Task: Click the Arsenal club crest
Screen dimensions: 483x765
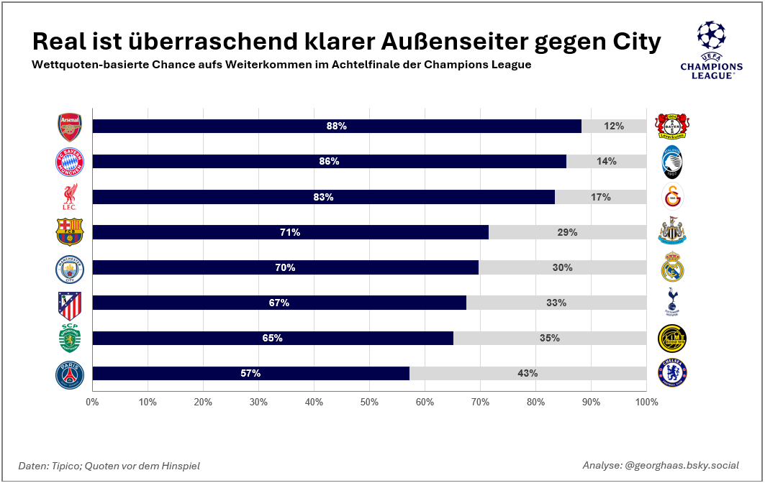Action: [70, 126]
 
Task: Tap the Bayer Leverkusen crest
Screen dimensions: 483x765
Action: [673, 126]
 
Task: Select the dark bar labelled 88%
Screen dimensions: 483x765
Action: [337, 126]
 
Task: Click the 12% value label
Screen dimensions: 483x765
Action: [614, 126]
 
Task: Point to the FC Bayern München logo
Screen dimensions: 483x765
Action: [70, 162]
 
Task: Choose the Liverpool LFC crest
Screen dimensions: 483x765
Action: [70, 197]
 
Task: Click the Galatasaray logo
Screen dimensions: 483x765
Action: [673, 197]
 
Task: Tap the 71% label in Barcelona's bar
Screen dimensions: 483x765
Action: [290, 232]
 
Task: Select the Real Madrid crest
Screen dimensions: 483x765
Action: [673, 267]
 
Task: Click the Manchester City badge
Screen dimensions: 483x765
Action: [70, 268]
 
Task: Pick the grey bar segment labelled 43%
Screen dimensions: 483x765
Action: [528, 374]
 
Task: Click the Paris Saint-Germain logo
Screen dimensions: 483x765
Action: [70, 374]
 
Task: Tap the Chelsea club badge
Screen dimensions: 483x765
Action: [673, 374]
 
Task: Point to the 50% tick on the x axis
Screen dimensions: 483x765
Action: [369, 402]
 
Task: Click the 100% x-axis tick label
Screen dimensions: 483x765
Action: [646, 402]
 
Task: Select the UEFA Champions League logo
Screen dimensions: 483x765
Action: [711, 50]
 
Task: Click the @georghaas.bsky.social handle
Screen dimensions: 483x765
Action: [682, 466]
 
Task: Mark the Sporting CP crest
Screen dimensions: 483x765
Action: [70, 339]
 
